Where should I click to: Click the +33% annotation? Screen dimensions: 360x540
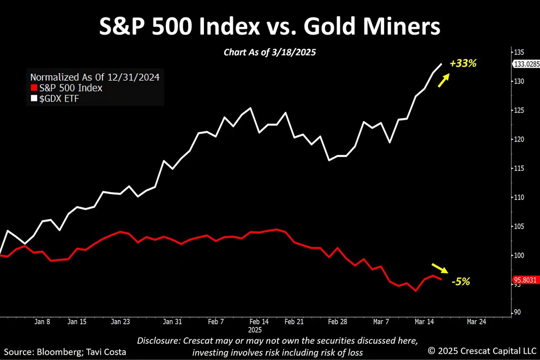click(x=463, y=63)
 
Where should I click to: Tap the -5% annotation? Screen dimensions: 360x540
click(x=460, y=281)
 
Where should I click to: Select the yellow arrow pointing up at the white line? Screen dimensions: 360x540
click(x=444, y=81)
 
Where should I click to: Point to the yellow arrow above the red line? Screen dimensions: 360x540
click(x=439, y=268)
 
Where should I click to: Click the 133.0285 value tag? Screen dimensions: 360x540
click(x=526, y=64)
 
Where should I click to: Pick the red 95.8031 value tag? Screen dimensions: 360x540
click(x=526, y=280)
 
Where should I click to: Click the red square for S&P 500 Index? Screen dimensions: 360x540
click(x=34, y=88)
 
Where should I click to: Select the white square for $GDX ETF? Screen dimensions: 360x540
click(x=34, y=98)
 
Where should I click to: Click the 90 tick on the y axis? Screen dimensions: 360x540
click(x=517, y=313)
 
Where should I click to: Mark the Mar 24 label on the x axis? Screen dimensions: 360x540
click(x=476, y=322)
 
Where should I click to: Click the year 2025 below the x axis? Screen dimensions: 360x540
click(x=255, y=330)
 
